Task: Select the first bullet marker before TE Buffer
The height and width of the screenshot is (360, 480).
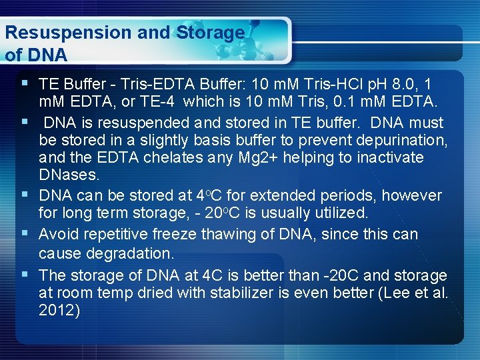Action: coord(25,83)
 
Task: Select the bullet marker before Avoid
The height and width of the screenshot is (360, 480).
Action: coord(25,234)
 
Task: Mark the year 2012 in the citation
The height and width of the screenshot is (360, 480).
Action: coord(59,310)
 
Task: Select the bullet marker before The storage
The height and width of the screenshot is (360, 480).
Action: coord(25,274)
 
